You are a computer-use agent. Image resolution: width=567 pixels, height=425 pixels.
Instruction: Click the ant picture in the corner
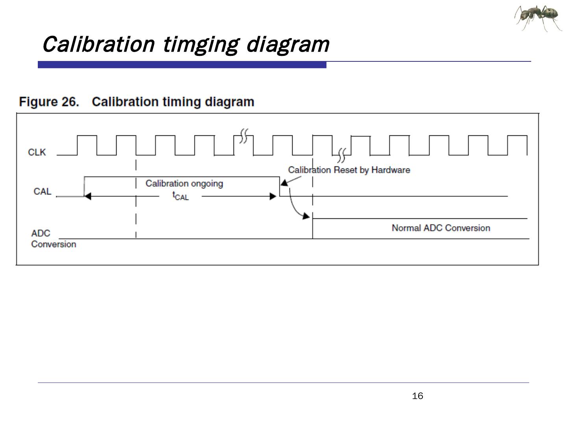(x=538, y=18)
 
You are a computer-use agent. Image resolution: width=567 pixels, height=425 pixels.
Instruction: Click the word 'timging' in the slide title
(x=200, y=44)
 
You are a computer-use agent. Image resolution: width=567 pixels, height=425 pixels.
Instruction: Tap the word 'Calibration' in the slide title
(x=98, y=44)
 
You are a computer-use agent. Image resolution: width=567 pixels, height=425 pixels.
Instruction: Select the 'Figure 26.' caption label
(x=49, y=102)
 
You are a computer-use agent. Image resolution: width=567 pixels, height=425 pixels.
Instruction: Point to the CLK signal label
(x=37, y=152)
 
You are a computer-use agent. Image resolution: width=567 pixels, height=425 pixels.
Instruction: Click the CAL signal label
(x=42, y=191)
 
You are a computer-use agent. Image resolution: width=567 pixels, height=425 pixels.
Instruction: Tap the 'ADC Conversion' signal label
(x=53, y=238)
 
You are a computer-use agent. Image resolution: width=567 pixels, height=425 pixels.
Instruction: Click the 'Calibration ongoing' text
(x=184, y=183)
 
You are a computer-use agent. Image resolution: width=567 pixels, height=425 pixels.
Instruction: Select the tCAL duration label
(x=181, y=196)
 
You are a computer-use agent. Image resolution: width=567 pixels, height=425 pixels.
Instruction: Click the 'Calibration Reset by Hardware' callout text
(x=349, y=170)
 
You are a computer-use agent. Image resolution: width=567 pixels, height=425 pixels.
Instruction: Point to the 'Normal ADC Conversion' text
(x=441, y=228)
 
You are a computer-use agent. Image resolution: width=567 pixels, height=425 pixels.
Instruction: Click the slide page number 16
(x=417, y=396)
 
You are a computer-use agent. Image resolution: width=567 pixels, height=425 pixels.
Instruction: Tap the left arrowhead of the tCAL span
(x=87, y=196)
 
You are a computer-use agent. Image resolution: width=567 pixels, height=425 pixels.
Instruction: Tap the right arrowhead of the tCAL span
(x=272, y=196)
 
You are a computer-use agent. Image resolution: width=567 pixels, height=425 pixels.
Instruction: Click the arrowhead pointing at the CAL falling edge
(x=284, y=183)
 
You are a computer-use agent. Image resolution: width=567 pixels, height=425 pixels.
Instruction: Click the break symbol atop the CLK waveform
(x=244, y=136)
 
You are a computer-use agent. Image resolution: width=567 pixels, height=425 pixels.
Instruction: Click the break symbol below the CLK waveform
(x=341, y=156)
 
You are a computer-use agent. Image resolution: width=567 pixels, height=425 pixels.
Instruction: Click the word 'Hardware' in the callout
(x=391, y=170)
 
